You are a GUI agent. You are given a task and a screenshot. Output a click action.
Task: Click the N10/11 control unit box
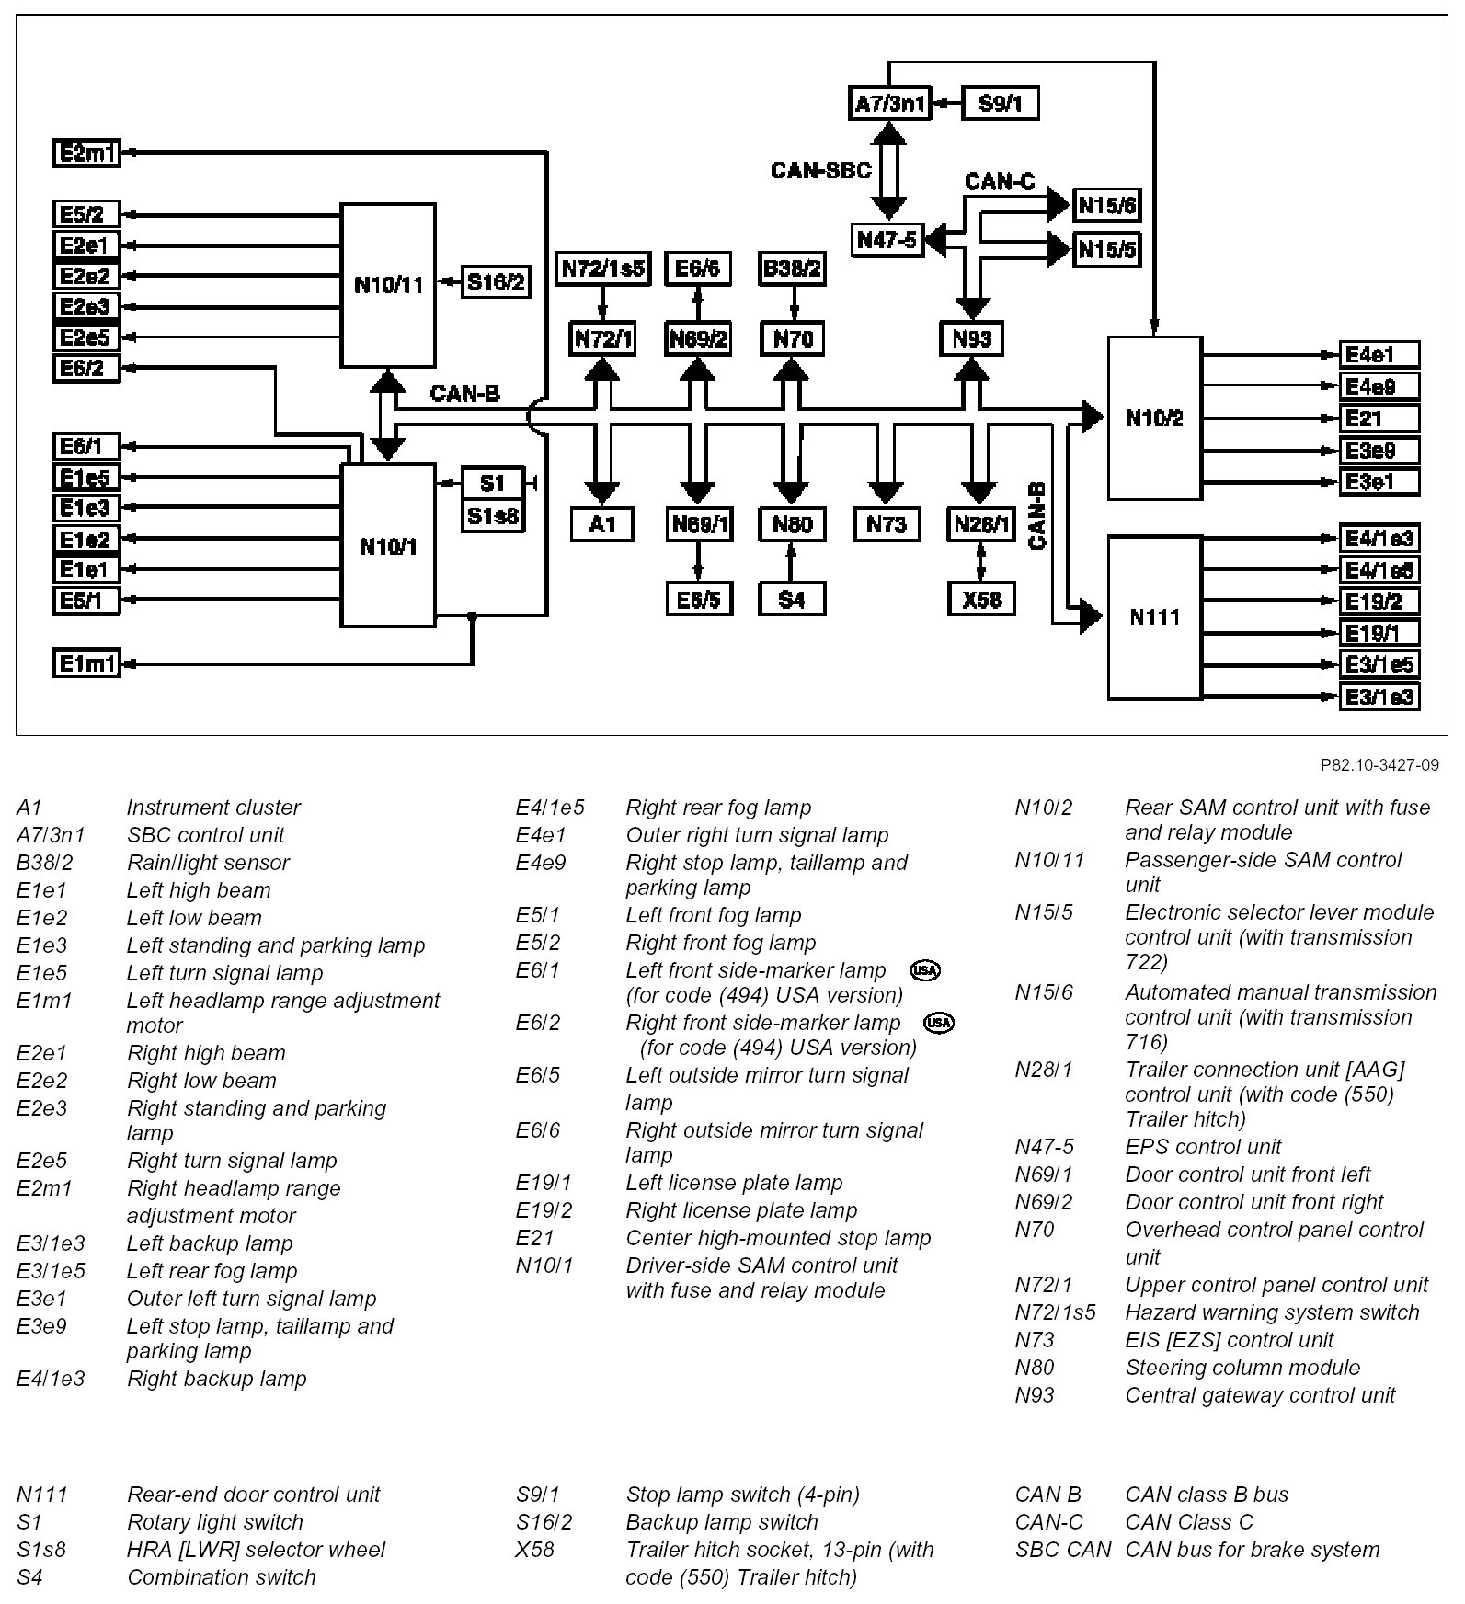(x=388, y=285)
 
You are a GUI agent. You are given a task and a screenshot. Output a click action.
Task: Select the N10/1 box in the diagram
(x=388, y=546)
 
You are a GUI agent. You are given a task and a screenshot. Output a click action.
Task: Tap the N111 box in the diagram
(x=1154, y=617)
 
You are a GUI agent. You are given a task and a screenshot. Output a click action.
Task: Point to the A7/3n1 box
(x=889, y=103)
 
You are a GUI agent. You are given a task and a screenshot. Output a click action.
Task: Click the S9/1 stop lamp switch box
(x=1000, y=103)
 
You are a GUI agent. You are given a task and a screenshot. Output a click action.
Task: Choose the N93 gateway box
(x=972, y=338)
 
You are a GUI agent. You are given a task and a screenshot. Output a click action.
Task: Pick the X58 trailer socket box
(x=981, y=600)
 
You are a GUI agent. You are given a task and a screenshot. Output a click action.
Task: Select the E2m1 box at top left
(x=86, y=153)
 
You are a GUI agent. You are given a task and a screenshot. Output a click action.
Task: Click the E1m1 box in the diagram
(x=86, y=662)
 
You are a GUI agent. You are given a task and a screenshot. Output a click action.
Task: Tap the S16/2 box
(x=496, y=281)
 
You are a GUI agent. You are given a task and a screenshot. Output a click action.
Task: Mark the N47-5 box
(x=887, y=241)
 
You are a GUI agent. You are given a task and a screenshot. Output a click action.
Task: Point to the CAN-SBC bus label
(x=820, y=170)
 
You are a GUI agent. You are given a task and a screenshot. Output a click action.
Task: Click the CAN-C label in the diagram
(x=1000, y=181)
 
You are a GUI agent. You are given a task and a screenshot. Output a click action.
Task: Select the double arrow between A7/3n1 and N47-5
(x=889, y=171)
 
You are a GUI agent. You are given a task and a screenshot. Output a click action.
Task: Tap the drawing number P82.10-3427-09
(x=1379, y=765)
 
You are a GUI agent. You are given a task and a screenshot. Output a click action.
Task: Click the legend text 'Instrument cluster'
(x=213, y=808)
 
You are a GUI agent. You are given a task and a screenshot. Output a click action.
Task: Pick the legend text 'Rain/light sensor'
(x=208, y=863)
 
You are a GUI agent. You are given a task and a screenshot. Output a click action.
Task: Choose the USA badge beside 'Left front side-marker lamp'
(x=924, y=970)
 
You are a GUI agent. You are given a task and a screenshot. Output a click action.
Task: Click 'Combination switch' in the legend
(x=221, y=1577)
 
